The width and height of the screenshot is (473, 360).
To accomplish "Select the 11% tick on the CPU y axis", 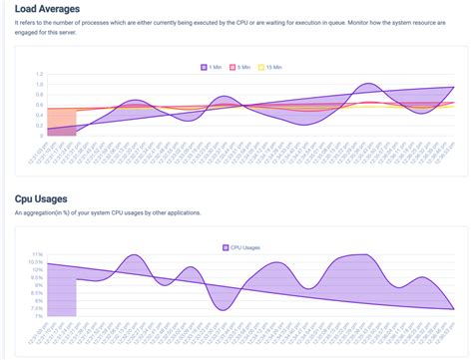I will (x=36, y=254).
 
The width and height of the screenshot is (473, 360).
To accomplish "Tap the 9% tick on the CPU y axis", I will (x=37, y=285).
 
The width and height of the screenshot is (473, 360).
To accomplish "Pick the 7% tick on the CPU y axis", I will (x=37, y=316).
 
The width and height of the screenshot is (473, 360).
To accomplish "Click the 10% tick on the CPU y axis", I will (x=37, y=269).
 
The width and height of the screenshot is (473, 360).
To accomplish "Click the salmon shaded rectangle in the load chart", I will (x=61, y=120).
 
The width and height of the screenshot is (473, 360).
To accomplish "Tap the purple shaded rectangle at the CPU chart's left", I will (x=62, y=293).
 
